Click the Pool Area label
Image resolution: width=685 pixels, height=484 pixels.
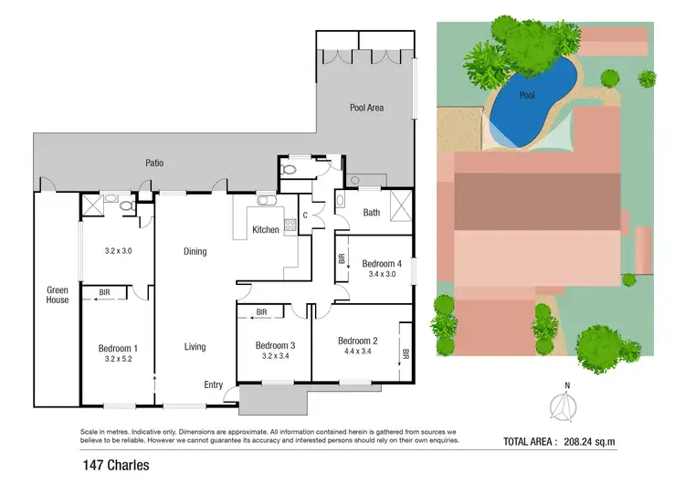click(x=367, y=108)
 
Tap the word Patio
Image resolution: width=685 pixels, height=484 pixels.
click(x=154, y=163)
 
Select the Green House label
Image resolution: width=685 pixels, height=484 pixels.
click(x=58, y=295)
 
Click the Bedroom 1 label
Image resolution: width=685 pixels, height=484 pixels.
click(x=118, y=348)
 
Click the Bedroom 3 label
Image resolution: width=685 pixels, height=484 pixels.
click(x=275, y=344)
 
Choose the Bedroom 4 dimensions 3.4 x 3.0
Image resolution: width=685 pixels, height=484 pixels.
click(x=381, y=272)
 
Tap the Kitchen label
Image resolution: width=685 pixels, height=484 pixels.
click(x=266, y=230)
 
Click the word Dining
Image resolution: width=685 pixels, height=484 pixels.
click(x=195, y=251)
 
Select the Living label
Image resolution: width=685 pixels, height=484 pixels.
click(x=195, y=346)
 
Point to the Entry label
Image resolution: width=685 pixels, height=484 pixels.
click(x=213, y=384)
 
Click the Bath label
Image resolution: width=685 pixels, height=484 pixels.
click(x=371, y=213)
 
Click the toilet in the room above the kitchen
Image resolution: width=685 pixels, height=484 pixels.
click(x=290, y=169)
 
